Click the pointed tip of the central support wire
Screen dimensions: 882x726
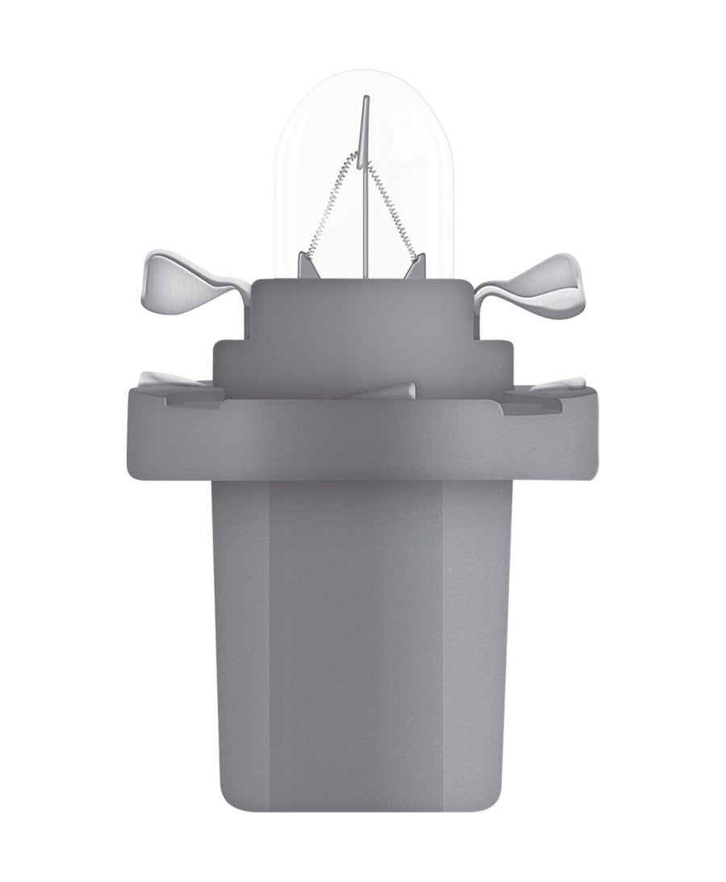click(365, 99)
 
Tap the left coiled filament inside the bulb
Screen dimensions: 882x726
click(332, 203)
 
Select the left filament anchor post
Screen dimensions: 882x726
click(305, 263)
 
